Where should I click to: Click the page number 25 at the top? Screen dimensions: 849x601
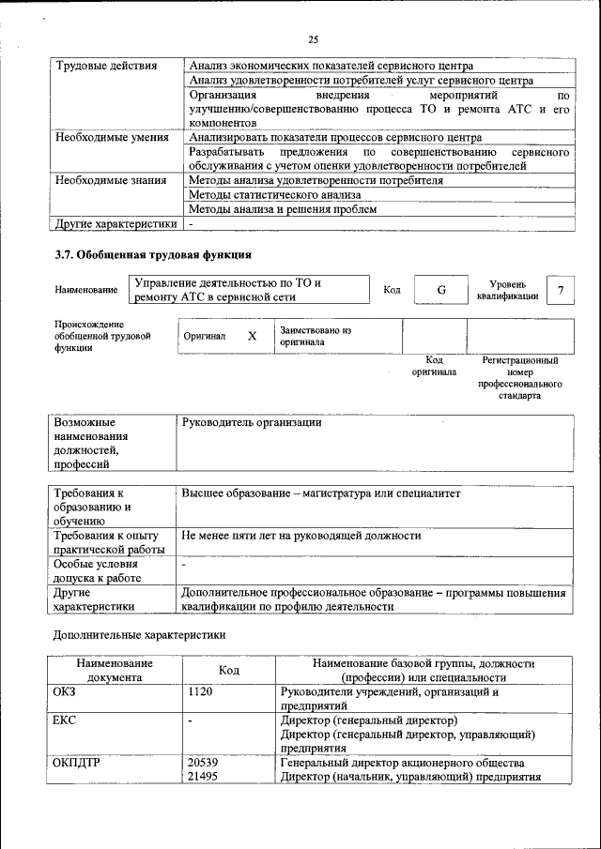[x=314, y=38]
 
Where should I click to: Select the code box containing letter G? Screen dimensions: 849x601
[x=440, y=290]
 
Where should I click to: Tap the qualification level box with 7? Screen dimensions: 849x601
[x=561, y=290]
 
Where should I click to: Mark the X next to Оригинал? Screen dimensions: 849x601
[x=252, y=336]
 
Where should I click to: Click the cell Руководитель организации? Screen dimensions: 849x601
[x=252, y=423]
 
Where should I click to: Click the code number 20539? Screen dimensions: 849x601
[x=203, y=764]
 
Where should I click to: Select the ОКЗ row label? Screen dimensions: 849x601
[x=66, y=692]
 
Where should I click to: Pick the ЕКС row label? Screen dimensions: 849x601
[x=66, y=720]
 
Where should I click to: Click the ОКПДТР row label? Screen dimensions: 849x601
[x=77, y=764]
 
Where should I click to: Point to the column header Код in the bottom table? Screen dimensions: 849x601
[x=229, y=670]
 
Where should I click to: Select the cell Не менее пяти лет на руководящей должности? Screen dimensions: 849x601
[x=301, y=537]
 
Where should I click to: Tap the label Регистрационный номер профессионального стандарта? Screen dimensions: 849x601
[x=519, y=377]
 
